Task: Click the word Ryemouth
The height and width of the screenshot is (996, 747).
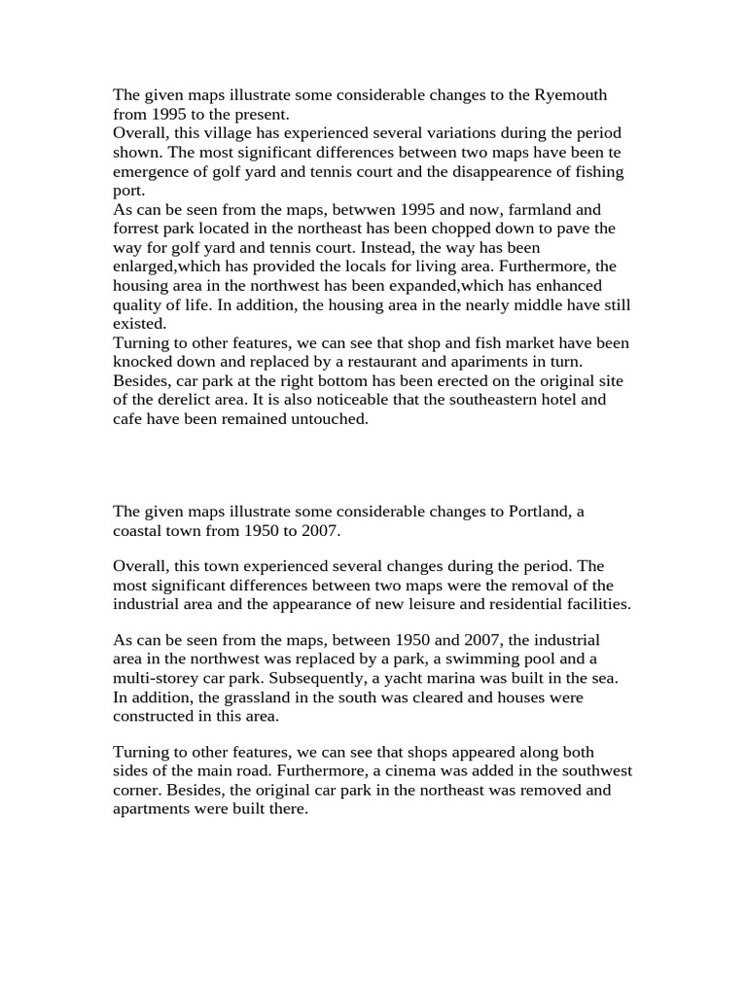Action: pos(571,95)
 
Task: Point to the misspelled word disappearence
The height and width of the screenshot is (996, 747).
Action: pos(494,172)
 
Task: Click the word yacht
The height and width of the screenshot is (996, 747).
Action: pos(403,678)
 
